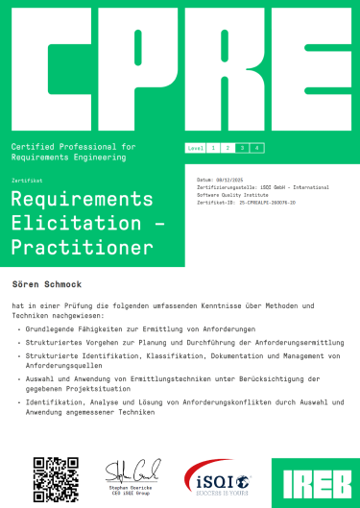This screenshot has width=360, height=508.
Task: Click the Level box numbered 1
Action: click(x=213, y=148)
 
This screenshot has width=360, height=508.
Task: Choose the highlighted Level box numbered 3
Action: click(x=243, y=148)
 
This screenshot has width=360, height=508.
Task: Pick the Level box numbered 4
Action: click(x=257, y=148)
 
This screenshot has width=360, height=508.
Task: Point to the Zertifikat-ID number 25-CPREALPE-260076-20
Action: click(x=260, y=204)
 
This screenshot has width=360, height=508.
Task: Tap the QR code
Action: click(x=56, y=477)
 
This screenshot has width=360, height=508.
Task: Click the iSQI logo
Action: click(x=217, y=476)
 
